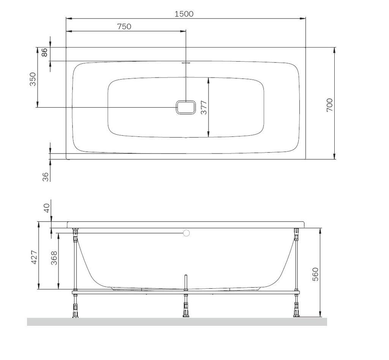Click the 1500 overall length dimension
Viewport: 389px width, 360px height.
click(184, 14)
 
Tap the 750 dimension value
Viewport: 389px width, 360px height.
click(124, 26)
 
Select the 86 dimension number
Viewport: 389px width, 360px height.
click(44, 52)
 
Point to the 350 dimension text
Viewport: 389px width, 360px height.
click(33, 79)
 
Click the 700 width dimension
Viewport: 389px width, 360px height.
click(329, 105)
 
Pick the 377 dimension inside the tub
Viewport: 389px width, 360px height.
click(204, 107)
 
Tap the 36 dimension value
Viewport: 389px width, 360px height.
click(46, 177)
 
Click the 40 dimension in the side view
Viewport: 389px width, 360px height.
click(47, 208)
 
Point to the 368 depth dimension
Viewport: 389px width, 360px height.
click(54, 258)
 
